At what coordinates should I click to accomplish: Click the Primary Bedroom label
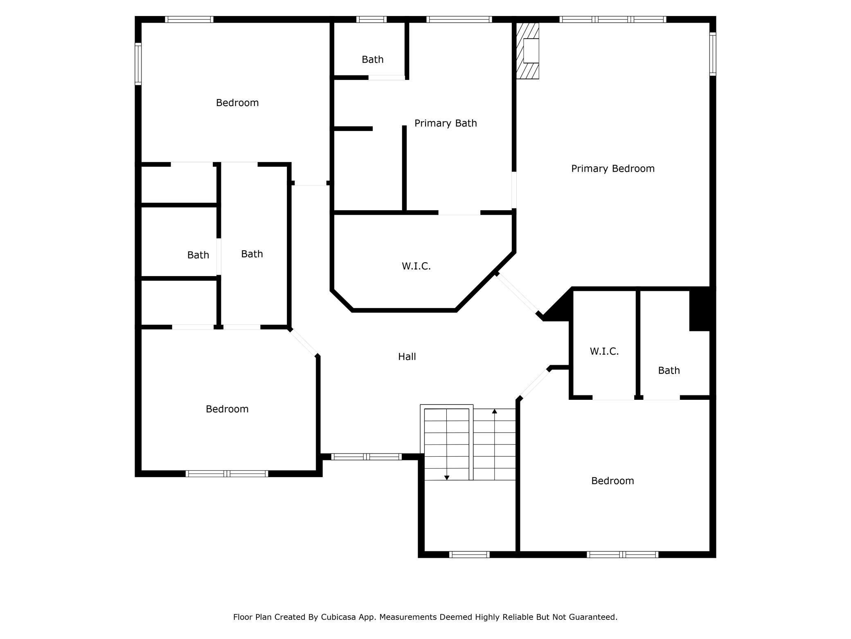[612, 168]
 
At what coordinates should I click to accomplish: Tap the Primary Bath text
[445, 123]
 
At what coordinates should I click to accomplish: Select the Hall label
[407, 356]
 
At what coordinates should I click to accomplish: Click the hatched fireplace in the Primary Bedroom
[528, 51]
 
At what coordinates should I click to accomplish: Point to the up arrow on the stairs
[494, 411]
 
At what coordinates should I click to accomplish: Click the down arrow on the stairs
[447, 477]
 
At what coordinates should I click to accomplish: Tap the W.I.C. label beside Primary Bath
[416, 266]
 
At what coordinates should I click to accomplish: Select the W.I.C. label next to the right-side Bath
[604, 351]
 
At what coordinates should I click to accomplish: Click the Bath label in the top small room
[372, 59]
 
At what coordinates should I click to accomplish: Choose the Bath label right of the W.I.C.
[669, 370]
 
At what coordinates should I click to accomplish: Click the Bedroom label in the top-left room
[237, 102]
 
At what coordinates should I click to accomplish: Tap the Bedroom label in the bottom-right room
[612, 480]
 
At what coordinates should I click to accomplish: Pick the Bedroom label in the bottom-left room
[227, 409]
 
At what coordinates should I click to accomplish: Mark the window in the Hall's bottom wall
[366, 457]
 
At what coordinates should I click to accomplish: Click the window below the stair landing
[469, 555]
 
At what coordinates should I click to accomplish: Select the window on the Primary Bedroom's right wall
[713, 54]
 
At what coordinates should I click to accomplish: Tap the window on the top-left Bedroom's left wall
[138, 64]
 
